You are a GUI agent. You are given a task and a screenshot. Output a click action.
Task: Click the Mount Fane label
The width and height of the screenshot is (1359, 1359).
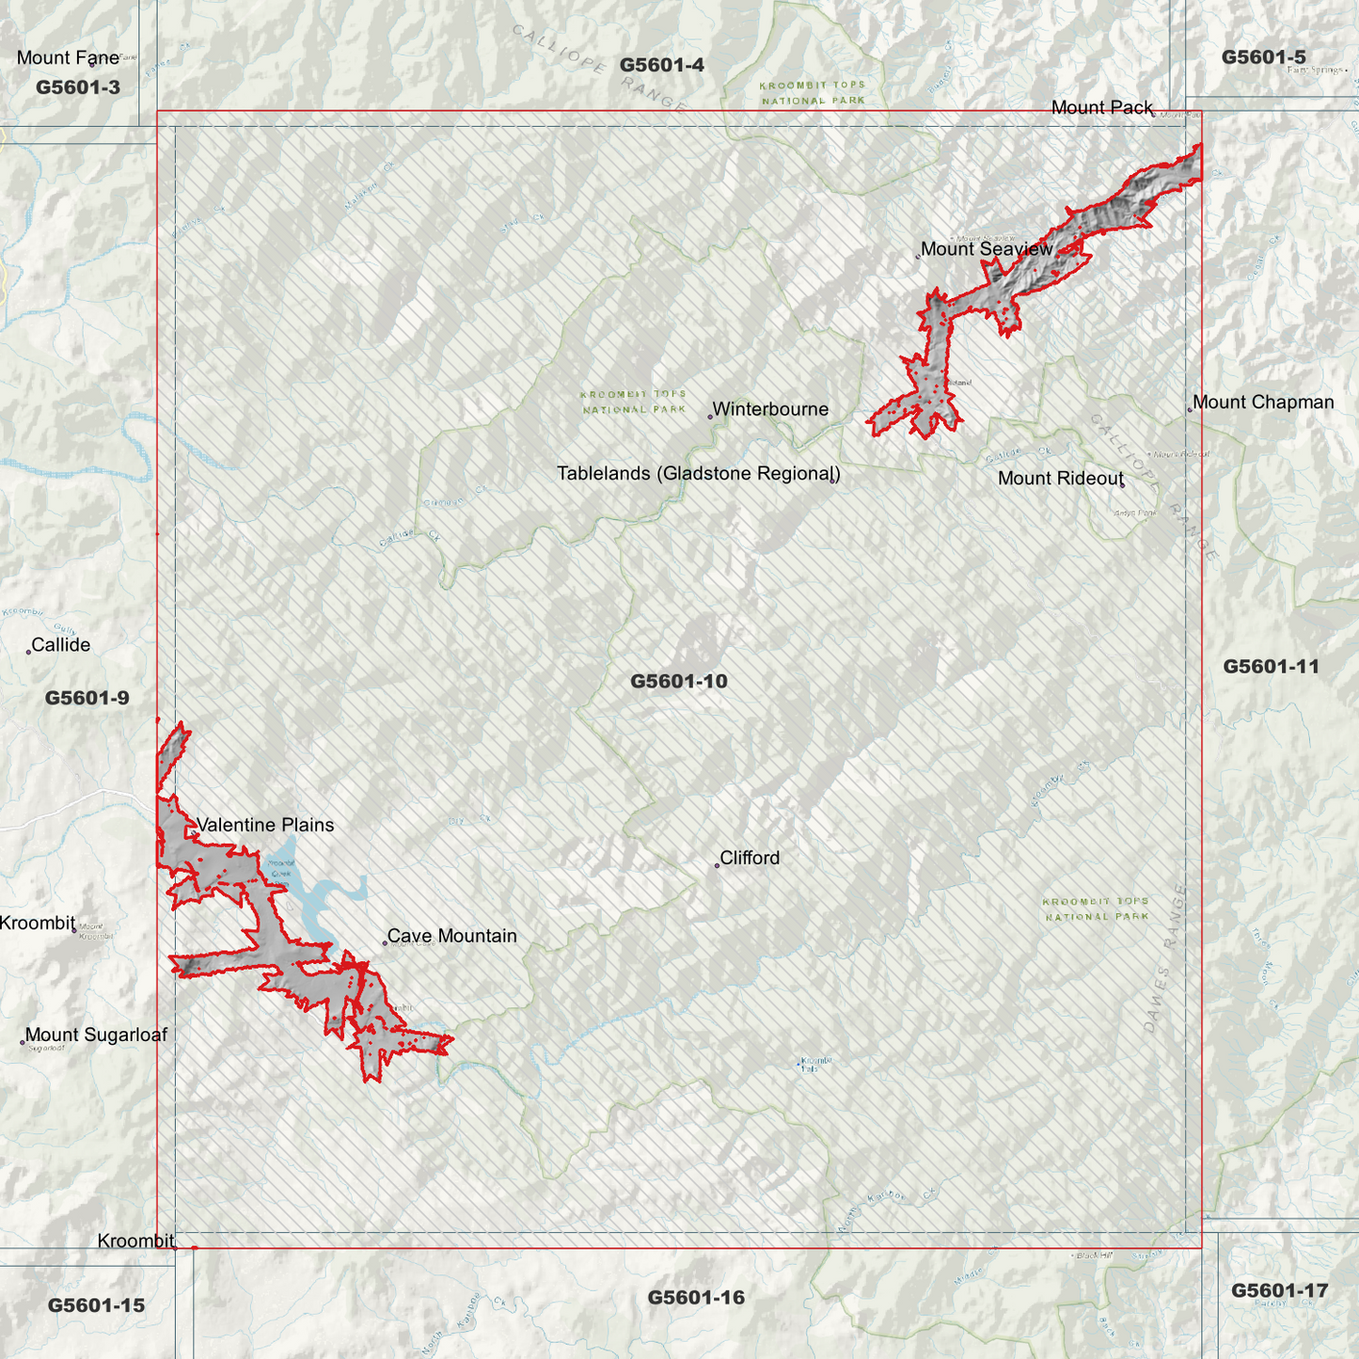(68, 58)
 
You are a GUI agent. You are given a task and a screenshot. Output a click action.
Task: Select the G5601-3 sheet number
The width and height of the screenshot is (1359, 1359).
(78, 87)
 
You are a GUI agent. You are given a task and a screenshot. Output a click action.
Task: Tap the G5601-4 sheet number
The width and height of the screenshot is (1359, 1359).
(662, 65)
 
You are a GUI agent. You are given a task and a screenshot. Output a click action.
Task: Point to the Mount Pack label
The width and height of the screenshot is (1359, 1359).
(1101, 107)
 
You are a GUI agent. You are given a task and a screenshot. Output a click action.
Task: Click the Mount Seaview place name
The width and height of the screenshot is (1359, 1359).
(987, 249)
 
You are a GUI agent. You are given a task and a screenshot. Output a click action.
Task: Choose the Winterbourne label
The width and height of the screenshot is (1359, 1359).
(770, 409)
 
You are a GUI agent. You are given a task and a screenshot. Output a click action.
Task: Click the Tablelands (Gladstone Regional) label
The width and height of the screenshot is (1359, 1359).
(698, 473)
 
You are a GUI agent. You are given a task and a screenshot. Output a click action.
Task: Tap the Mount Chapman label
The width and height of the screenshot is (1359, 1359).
(1263, 403)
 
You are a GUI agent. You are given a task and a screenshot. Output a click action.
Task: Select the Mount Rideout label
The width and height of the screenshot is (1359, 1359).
(1060, 478)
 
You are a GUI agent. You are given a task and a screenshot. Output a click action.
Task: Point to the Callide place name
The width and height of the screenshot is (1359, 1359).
(61, 645)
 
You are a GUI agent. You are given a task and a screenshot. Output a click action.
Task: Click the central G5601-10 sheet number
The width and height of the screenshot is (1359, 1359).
(679, 681)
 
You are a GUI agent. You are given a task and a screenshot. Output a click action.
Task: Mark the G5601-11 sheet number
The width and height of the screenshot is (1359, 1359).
(1271, 667)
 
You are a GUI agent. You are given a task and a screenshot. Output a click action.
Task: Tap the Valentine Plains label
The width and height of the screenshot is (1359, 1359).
(265, 825)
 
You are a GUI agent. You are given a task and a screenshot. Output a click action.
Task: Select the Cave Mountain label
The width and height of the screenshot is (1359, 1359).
(452, 936)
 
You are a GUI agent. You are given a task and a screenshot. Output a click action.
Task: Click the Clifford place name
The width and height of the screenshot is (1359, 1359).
(750, 858)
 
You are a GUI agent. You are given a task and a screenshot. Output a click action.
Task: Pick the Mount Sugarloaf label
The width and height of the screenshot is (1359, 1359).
(96, 1035)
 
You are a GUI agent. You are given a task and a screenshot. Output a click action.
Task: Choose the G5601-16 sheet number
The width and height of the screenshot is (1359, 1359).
(696, 1298)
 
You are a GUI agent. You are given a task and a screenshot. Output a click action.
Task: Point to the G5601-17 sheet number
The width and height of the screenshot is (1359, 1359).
(1279, 1290)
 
